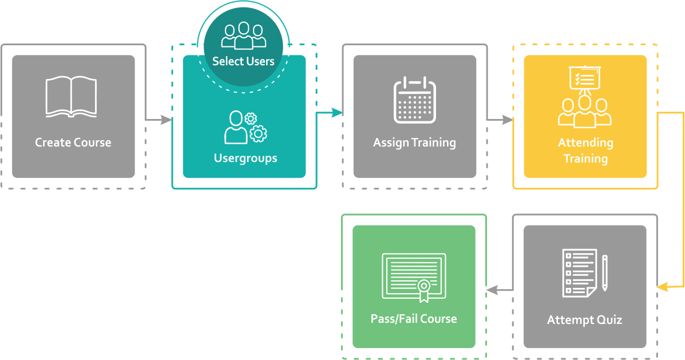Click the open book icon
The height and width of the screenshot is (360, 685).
(71, 97)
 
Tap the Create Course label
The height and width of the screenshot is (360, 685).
(73, 143)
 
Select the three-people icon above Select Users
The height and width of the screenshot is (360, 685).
(244, 35)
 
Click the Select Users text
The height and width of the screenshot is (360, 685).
(243, 61)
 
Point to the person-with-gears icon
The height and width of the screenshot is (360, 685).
(245, 127)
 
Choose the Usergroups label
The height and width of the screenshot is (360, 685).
(246, 158)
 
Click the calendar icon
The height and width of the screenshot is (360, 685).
(414, 100)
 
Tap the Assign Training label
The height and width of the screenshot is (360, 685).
(414, 143)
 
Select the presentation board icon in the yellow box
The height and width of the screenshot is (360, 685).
(584, 78)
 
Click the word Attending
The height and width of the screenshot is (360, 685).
(585, 143)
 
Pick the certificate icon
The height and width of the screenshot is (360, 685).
(414, 277)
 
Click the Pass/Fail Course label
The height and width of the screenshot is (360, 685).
(414, 319)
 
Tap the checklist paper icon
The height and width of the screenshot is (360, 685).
(579, 272)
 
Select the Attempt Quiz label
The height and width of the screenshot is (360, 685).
(584, 320)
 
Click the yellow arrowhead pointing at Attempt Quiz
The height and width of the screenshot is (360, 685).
(662, 286)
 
